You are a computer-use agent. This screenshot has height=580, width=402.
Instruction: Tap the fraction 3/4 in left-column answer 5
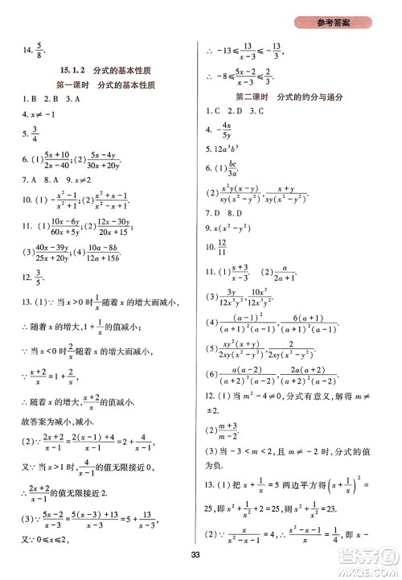point(34,133)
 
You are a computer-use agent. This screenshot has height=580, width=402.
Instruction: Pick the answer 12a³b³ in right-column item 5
point(233,149)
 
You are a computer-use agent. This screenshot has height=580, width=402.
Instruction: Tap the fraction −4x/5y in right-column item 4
point(228,130)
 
